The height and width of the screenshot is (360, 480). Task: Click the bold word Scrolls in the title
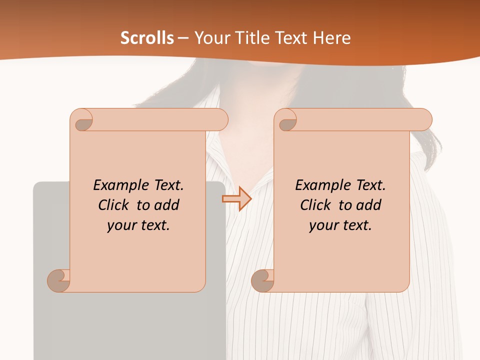[x=147, y=38]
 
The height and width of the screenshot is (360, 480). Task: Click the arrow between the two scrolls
[x=236, y=199]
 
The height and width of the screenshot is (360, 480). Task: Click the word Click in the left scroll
[x=113, y=205]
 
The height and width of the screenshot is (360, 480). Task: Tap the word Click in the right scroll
[x=315, y=205]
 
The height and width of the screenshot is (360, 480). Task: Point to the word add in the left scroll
[x=167, y=205]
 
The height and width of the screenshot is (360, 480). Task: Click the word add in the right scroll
[x=369, y=205]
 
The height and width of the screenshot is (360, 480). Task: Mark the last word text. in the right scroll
[x=356, y=225]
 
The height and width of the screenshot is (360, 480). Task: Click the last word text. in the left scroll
[x=154, y=225]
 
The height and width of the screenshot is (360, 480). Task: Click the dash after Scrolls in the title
[x=183, y=38]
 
